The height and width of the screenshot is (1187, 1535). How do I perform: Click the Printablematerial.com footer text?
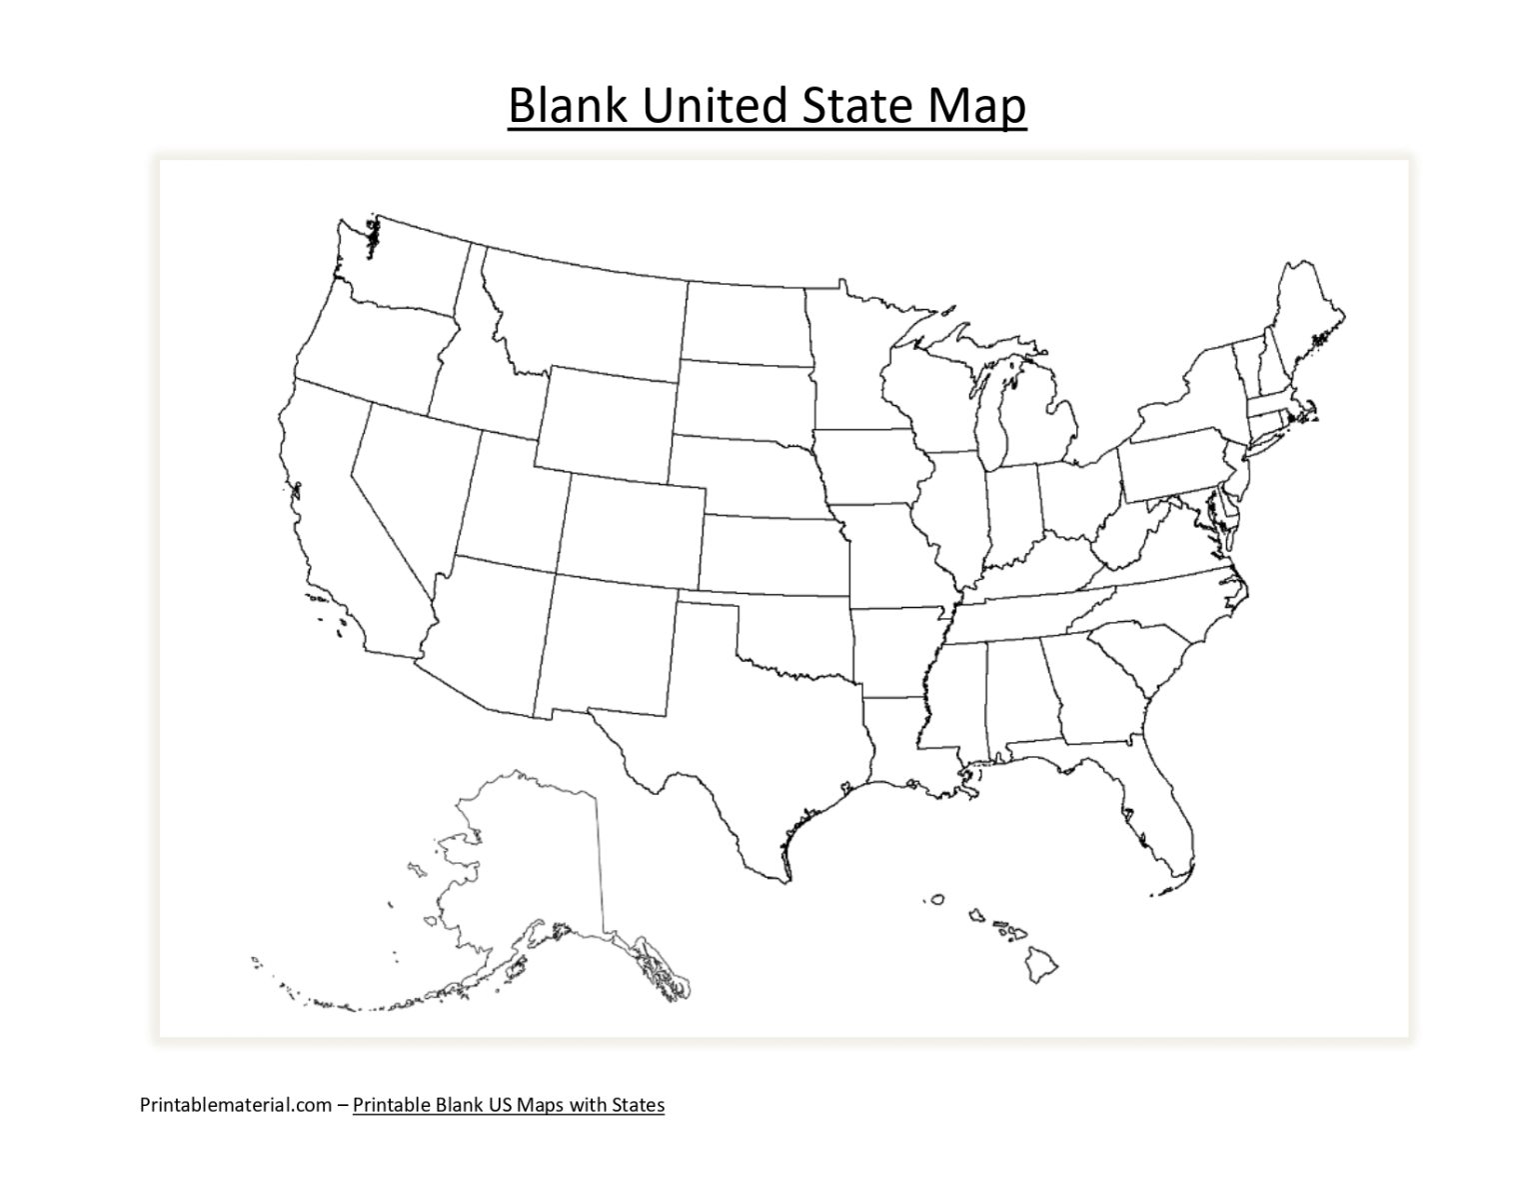(x=235, y=1104)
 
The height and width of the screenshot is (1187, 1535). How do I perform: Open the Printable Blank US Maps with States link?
(x=508, y=1104)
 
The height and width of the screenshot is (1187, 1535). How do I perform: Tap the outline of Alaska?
(x=530, y=860)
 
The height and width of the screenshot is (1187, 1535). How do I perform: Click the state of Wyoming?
(x=605, y=420)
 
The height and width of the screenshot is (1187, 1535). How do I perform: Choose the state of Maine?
(x=1304, y=320)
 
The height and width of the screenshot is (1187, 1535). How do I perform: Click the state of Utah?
(x=510, y=500)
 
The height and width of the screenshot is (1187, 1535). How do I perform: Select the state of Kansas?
(x=769, y=555)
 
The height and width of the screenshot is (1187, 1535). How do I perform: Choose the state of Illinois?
(x=954, y=510)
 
